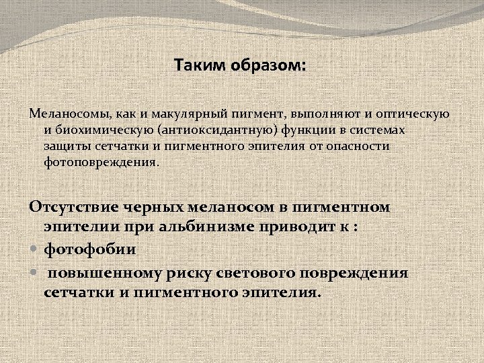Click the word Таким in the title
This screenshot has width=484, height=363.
[x=195, y=66]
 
